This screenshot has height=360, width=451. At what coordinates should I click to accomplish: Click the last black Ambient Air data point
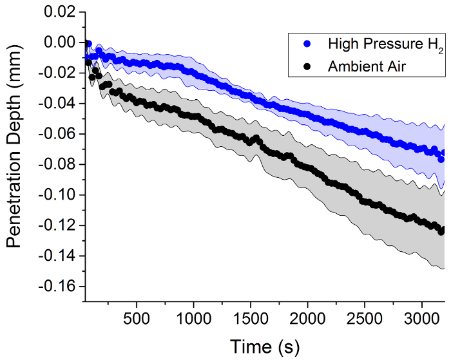pos(442,230)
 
